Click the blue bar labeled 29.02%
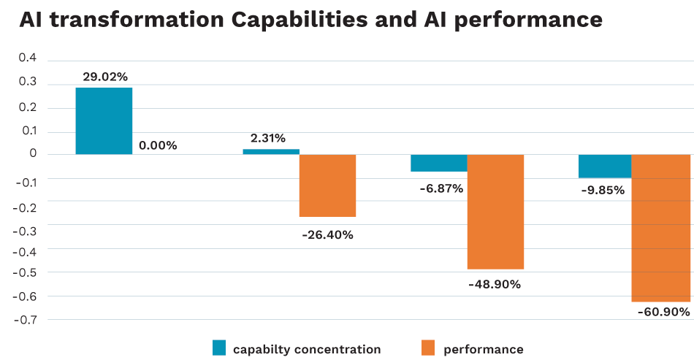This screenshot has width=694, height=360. [x=104, y=120]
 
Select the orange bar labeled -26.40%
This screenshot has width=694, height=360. [x=327, y=185]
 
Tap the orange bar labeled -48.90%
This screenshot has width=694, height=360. [x=495, y=212]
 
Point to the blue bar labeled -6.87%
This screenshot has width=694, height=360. [x=439, y=163]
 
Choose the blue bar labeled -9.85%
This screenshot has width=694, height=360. [x=605, y=166]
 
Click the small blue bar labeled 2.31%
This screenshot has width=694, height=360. [x=271, y=151]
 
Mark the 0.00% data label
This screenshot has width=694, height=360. [x=158, y=145]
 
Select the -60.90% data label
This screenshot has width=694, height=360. [x=663, y=312]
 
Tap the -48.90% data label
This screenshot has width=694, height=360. [x=495, y=284]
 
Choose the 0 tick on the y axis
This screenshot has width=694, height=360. [x=32, y=154]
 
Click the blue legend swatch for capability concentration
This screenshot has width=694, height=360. [x=219, y=348]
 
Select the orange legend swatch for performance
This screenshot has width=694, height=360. [x=429, y=348]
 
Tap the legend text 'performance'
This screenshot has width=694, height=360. [x=483, y=349]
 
